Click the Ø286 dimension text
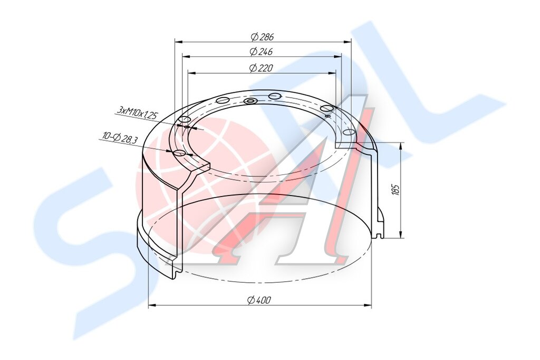263,36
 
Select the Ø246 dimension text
262,52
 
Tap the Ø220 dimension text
261,68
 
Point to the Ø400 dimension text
259,300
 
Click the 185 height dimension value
396,190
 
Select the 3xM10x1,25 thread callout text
137,112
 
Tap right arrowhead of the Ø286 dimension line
347,42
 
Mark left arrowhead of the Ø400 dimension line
152,305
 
